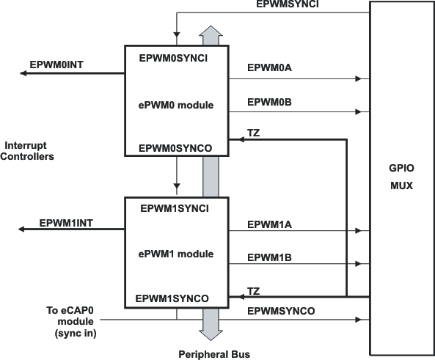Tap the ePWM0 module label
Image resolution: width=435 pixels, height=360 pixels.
pos(176,105)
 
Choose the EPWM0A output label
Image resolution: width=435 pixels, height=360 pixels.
pos(270,68)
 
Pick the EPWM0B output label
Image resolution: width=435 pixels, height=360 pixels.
pos(270,102)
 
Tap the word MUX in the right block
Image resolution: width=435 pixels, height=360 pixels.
pos(402,185)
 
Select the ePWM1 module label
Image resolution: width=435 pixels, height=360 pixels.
pos(176,254)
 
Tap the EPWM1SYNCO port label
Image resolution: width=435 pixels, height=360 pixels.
pos(172,298)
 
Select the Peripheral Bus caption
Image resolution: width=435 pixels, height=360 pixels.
pos(212,354)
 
